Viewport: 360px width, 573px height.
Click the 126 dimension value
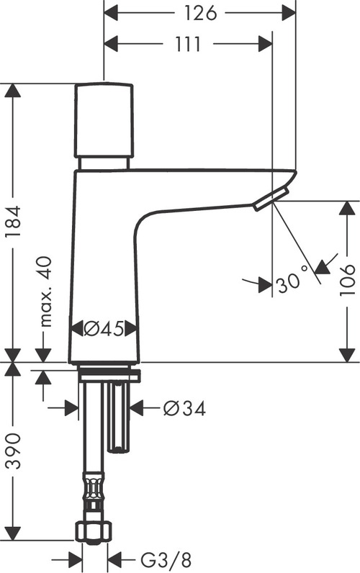199,13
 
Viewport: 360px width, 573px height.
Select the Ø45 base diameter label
105,329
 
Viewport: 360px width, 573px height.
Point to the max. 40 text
47,293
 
